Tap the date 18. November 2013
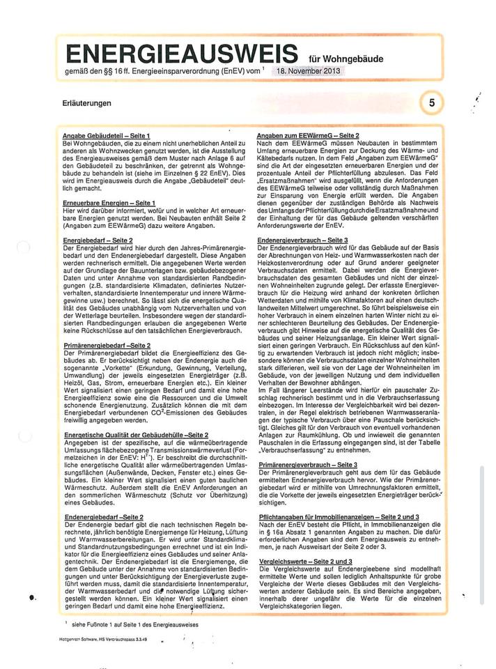click(308, 72)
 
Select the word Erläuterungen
click(86, 103)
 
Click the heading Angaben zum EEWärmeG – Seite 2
click(308, 134)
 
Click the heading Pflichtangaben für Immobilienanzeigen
click(338, 516)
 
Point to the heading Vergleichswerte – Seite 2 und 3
click(304, 561)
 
